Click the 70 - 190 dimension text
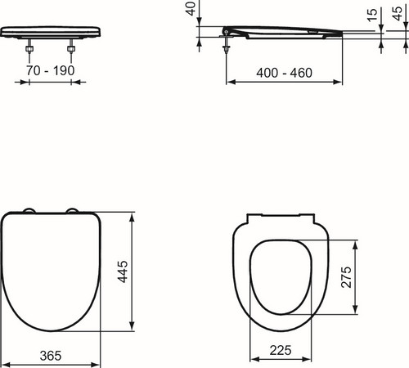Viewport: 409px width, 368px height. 51,70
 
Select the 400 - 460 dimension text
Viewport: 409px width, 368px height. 284,73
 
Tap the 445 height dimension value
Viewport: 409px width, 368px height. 123,272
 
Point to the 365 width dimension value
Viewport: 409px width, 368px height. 51,356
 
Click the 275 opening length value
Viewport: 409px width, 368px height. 346,277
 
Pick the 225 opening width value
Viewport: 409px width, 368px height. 281,350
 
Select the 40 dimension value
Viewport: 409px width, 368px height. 191,8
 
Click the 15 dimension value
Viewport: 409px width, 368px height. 372,15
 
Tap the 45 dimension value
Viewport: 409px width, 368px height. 397,13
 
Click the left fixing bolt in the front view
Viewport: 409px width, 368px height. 29,48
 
